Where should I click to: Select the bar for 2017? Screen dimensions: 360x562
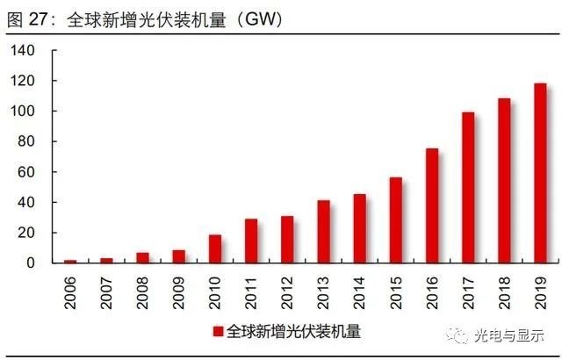point(468,188)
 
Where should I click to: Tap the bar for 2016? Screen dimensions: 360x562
point(432,205)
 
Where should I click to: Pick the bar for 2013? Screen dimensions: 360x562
point(324,232)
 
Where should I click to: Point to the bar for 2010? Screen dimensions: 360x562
point(215,248)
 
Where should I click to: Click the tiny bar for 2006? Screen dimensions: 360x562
point(70,261)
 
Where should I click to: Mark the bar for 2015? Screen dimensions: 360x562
point(396,220)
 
